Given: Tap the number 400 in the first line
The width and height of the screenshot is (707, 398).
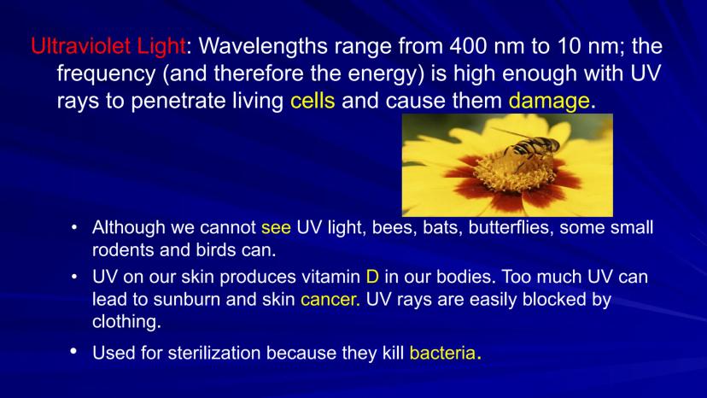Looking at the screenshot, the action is click(x=469, y=46).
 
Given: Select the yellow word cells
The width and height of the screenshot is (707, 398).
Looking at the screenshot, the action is click(x=313, y=101).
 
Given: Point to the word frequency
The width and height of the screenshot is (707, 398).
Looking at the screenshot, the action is click(x=107, y=74).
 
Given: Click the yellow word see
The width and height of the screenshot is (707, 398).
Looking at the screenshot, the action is click(x=276, y=227).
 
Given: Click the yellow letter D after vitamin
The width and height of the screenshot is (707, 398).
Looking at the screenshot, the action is click(x=372, y=276).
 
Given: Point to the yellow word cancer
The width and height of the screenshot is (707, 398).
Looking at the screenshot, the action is click(x=330, y=299).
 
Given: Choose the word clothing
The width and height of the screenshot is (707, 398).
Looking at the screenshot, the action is click(x=126, y=322).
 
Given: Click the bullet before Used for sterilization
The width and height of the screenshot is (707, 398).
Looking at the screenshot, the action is click(x=73, y=351).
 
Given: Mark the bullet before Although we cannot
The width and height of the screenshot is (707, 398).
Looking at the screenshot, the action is click(x=74, y=226).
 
